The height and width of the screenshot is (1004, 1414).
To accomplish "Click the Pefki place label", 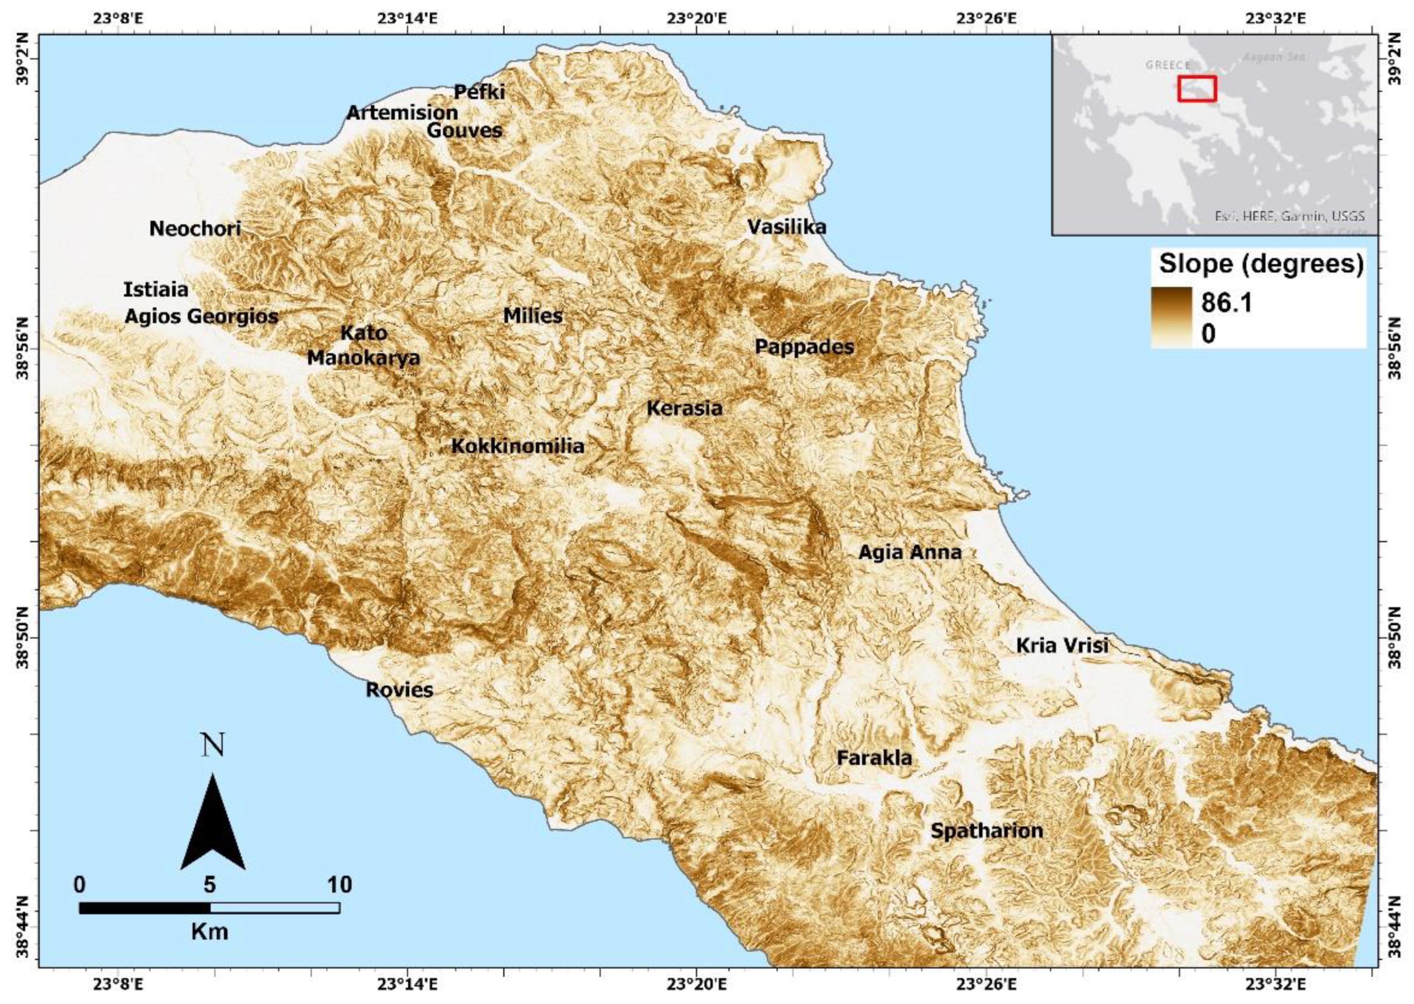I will (479, 92).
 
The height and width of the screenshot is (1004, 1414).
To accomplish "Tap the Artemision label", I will (402, 112).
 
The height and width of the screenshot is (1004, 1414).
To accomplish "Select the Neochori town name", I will (195, 228).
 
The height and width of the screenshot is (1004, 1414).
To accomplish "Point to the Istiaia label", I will (156, 289).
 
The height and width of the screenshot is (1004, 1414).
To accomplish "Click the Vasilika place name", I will (786, 227).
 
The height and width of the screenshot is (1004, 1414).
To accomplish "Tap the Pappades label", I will (804, 347).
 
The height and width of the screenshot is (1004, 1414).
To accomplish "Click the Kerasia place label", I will (684, 408).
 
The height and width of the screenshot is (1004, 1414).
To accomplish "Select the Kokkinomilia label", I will (517, 446).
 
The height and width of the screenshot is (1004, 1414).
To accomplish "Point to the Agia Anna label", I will (910, 552).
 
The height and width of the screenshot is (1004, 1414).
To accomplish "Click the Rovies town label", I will (399, 689).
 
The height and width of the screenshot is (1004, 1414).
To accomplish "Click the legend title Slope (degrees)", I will (1261, 264).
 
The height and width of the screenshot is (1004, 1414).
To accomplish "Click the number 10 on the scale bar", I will (339, 885).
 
